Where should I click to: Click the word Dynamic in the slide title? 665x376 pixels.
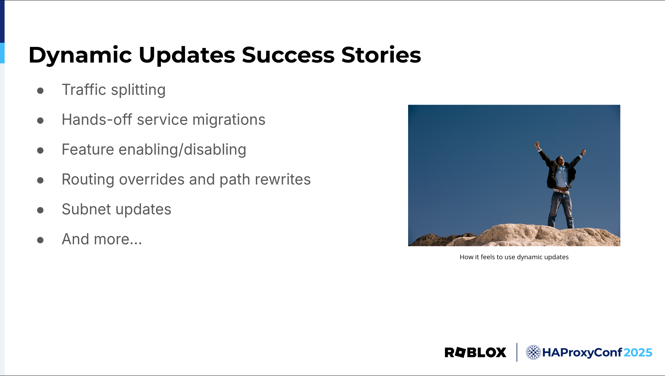[x=80, y=55]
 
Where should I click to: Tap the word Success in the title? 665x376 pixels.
[x=288, y=55]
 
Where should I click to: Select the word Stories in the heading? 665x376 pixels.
[x=381, y=55]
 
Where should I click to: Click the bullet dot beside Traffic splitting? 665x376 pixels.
[x=40, y=91]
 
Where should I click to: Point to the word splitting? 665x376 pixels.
[x=138, y=90]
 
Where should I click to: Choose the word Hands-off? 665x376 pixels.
[x=97, y=120]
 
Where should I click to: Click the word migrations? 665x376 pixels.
[x=229, y=120]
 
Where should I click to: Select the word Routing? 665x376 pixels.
[x=88, y=180]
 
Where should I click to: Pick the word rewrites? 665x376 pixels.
[x=283, y=179]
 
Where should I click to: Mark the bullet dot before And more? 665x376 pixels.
[x=40, y=240]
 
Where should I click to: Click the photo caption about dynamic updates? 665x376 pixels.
[x=514, y=257]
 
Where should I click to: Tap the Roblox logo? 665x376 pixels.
[x=475, y=352]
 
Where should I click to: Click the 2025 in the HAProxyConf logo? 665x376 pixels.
[x=638, y=352]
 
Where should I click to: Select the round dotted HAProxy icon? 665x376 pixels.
[x=533, y=352]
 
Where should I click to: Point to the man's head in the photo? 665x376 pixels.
[x=560, y=160]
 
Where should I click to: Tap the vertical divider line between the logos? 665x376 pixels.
[x=517, y=352]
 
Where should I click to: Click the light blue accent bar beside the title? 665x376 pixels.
[x=2, y=53]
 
